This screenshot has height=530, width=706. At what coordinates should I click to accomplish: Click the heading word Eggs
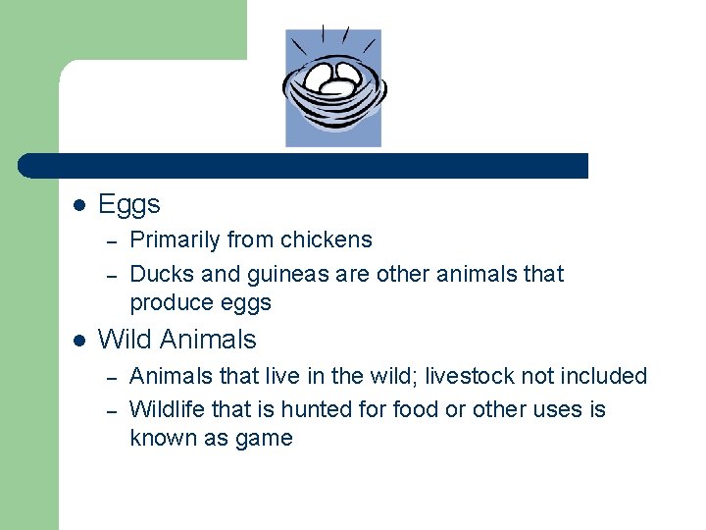coord(129,205)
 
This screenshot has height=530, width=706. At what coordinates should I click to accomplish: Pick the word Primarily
coord(175,239)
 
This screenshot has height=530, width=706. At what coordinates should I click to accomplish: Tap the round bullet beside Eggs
coord(79,206)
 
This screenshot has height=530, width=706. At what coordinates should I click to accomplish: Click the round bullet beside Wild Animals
coord(79,341)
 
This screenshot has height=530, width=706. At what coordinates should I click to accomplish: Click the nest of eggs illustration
coord(333,87)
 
